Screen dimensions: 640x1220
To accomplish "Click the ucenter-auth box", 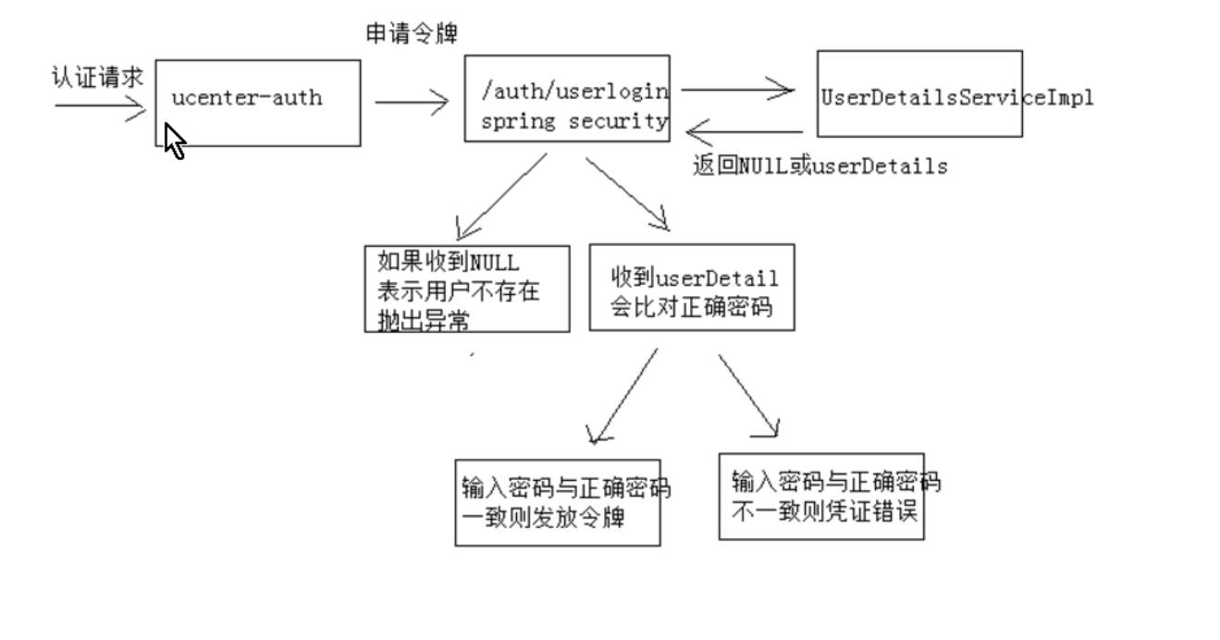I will click(x=257, y=103).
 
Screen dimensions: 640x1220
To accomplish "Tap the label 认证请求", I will click(x=97, y=77).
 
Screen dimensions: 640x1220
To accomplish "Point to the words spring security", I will click(x=573, y=121).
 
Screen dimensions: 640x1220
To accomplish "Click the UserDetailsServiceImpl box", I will click(x=919, y=94).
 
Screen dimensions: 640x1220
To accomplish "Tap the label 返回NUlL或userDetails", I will click(x=819, y=167).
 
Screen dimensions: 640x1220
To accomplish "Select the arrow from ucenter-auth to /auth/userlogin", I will click(x=412, y=103).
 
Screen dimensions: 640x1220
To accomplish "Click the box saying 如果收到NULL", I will click(x=467, y=289).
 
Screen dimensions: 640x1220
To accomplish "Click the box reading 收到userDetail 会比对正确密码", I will click(x=692, y=287).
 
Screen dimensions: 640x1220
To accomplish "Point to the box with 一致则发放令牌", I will click(x=558, y=501).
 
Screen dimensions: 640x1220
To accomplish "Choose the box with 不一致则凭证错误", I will click(x=821, y=496).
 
